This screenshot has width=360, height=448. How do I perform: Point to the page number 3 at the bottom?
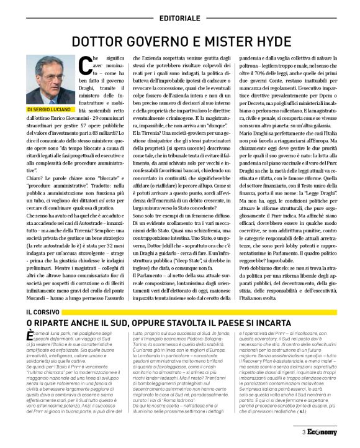(x=304, y=432)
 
